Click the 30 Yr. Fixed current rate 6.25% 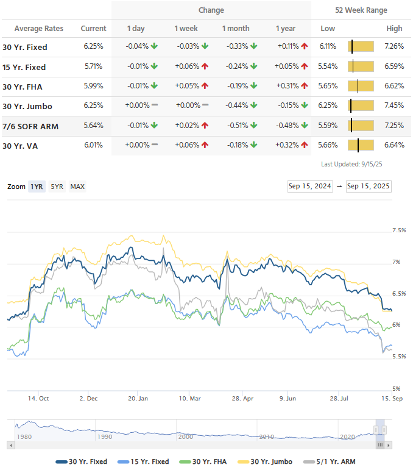(93, 47)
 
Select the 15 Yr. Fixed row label (24, 67)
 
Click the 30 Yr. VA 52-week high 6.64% (394, 145)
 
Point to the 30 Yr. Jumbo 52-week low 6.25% (328, 105)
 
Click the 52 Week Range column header (361, 10)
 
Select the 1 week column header (185, 29)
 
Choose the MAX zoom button (77, 187)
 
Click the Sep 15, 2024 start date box (309, 187)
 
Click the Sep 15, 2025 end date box (368, 187)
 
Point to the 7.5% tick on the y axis (399, 230)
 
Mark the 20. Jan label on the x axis (138, 399)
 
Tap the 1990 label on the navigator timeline (105, 436)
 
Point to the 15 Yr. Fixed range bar (360, 66)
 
